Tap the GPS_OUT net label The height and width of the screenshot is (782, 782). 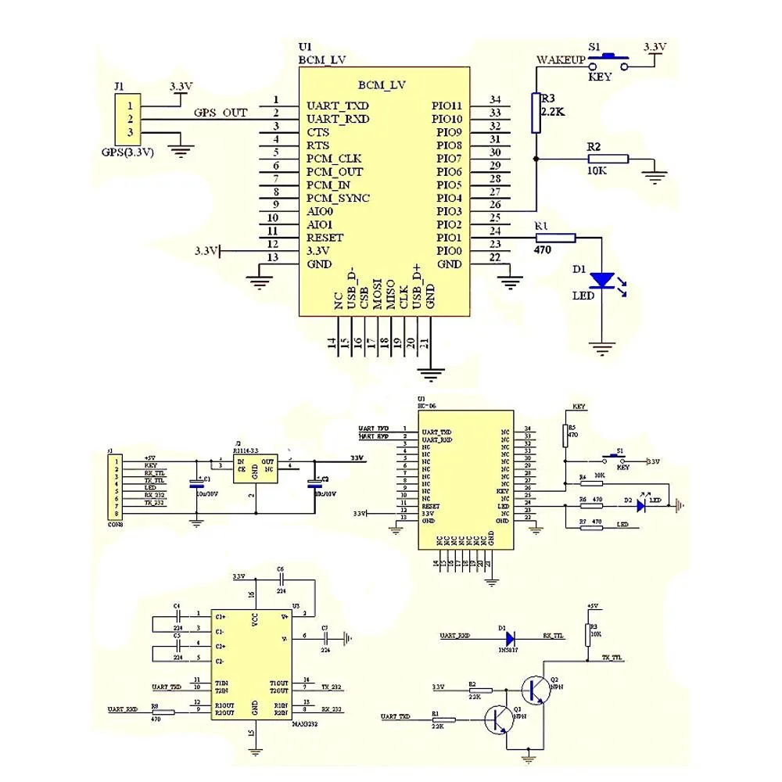click(x=221, y=113)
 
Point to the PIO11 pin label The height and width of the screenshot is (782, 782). click(x=447, y=106)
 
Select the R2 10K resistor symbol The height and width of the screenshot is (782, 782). click(x=607, y=159)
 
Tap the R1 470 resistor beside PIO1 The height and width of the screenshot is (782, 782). click(x=555, y=238)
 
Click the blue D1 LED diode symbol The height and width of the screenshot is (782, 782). click(x=602, y=279)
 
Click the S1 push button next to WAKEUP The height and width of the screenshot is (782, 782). click(x=609, y=60)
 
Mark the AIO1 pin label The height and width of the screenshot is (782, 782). click(x=319, y=224)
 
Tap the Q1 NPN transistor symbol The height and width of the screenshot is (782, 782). click(x=497, y=719)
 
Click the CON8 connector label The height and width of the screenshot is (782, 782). click(x=115, y=524)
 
